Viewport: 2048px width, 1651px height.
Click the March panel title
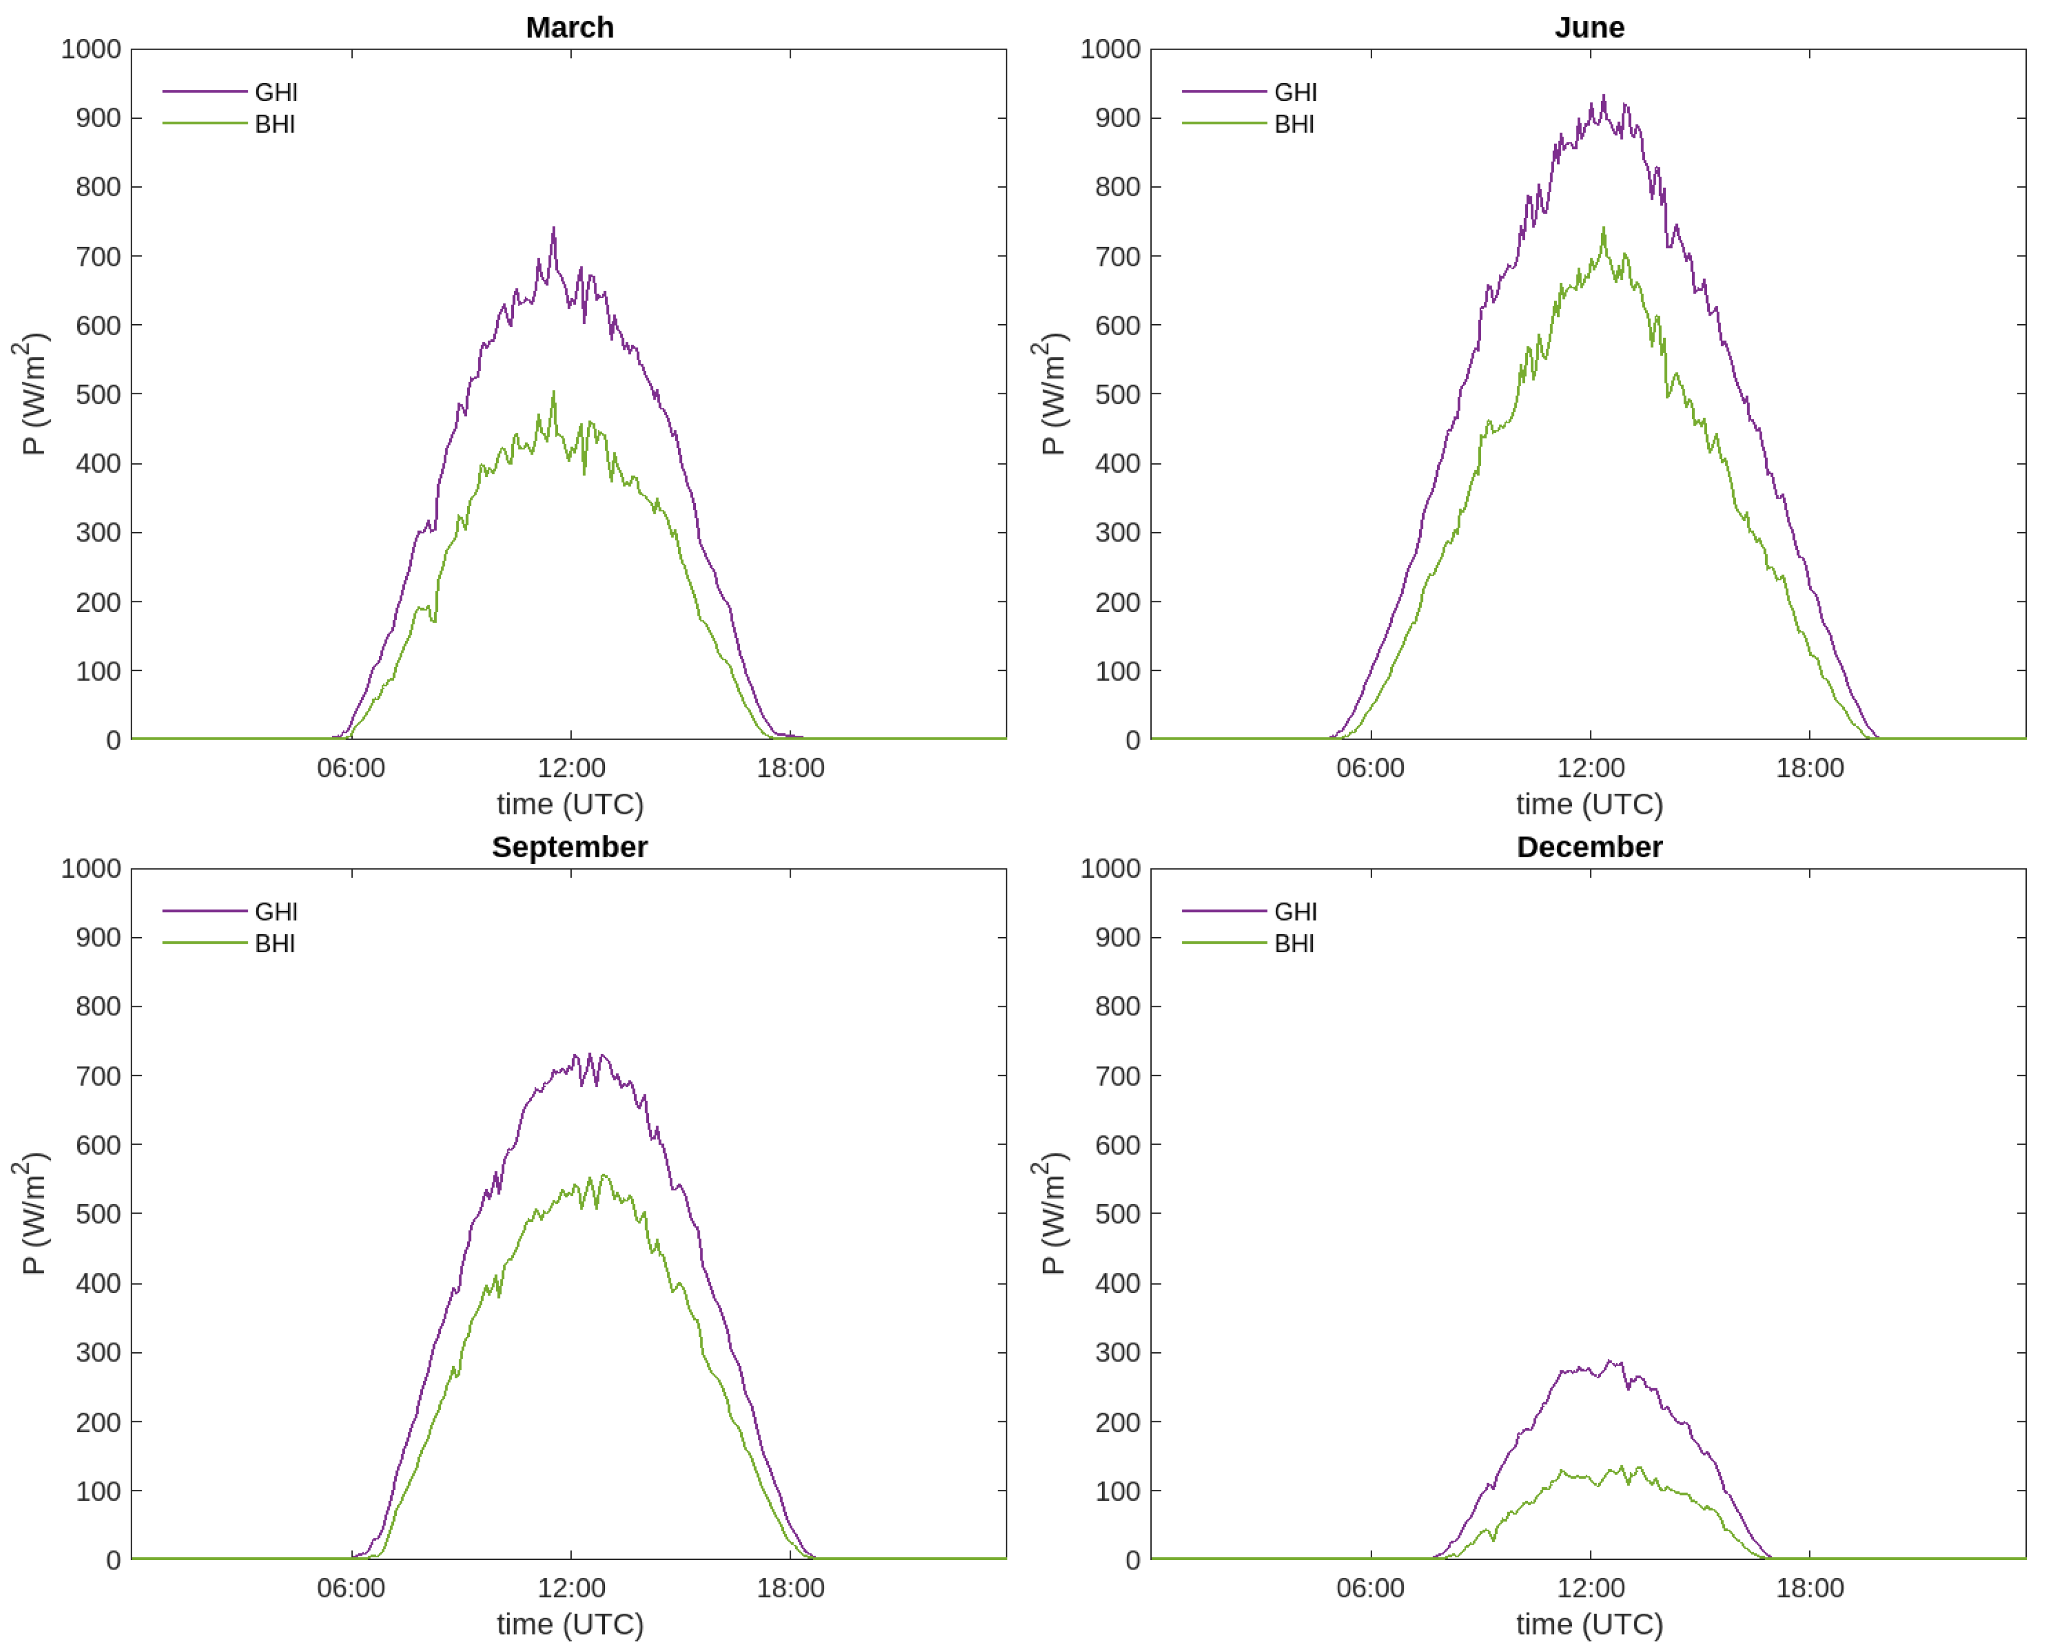(570, 27)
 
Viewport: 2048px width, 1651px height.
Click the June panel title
(1589, 27)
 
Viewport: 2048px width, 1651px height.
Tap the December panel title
(1589, 847)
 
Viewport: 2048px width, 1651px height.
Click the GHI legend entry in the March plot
(276, 92)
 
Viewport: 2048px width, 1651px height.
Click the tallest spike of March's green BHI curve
(554, 392)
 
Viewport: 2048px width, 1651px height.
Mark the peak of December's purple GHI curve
(1609, 1361)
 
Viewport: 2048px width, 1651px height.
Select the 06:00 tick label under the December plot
(1370, 1587)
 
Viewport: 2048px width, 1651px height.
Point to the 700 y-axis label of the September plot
(98, 1075)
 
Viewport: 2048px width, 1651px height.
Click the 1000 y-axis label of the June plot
(1109, 50)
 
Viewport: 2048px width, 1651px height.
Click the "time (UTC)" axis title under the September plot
(570, 1624)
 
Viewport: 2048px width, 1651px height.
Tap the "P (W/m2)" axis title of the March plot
(31, 394)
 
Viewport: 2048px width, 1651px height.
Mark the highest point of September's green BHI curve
(603, 1175)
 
